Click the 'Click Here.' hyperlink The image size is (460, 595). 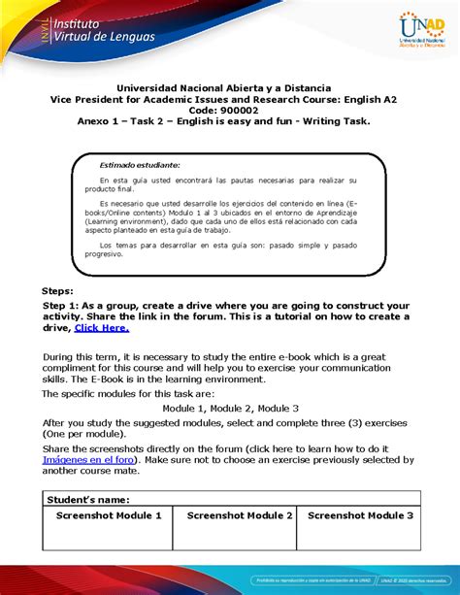click(x=101, y=328)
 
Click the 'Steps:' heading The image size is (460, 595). click(x=65, y=290)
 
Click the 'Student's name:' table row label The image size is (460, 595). click(x=88, y=498)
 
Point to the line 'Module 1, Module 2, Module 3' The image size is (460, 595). click(x=230, y=409)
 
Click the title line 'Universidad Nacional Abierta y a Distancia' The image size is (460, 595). click(x=231, y=87)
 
